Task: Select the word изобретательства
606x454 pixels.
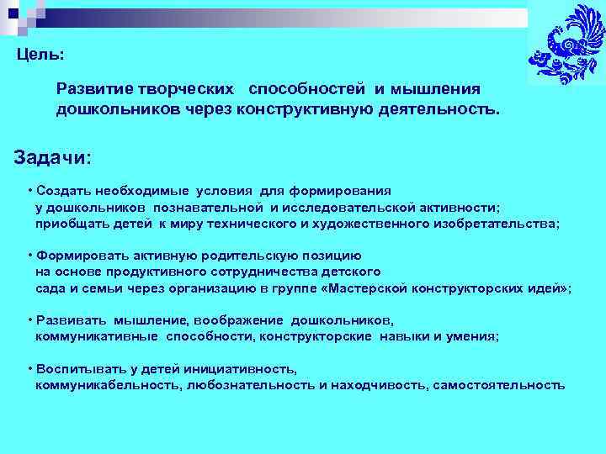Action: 494,224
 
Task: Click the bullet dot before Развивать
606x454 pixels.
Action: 29,320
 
